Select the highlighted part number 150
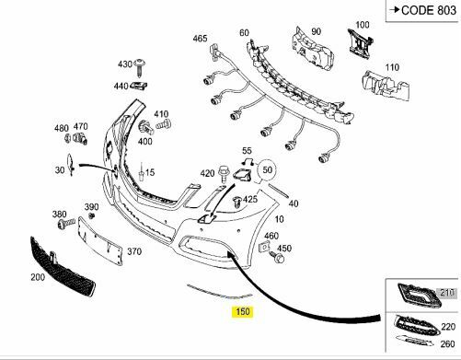(242, 313)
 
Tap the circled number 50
(269, 170)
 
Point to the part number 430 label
(125, 64)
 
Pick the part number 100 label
(362, 25)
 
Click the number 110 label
(392, 67)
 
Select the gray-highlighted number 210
(448, 294)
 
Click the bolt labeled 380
(65, 224)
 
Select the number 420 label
(207, 172)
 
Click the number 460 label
(271, 237)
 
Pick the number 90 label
(316, 32)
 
